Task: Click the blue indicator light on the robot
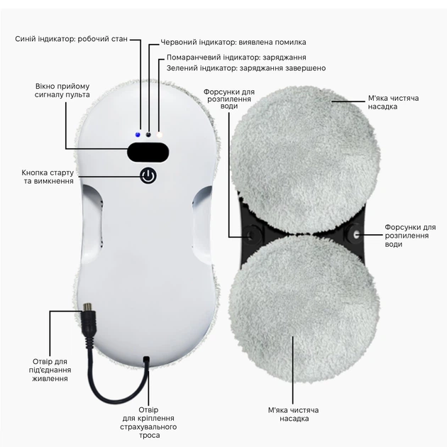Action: (138, 135)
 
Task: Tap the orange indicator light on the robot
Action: (159, 135)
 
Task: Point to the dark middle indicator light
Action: (148, 135)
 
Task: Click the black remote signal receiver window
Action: (148, 153)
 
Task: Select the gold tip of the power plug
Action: (87, 308)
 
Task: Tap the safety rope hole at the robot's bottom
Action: (147, 358)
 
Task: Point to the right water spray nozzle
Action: (355, 235)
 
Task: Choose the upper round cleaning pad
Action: (304, 161)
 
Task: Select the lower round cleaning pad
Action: (304, 309)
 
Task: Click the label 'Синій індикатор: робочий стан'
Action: (71, 39)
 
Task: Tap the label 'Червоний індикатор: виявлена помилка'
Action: (233, 42)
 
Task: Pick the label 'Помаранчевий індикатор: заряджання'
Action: (236, 57)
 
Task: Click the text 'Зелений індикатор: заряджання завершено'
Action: (246, 68)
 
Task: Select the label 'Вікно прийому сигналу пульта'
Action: (62, 90)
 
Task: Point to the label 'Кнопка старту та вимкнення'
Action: (48, 177)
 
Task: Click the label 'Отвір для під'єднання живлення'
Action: (50, 370)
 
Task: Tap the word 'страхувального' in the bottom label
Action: (148, 427)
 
